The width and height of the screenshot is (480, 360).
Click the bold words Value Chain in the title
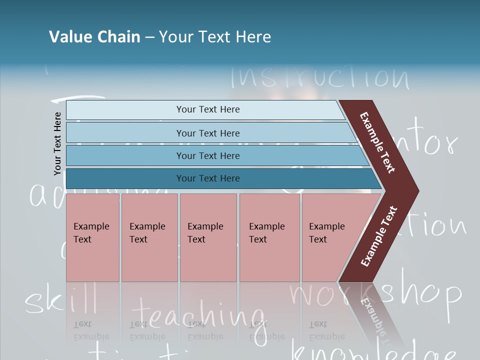[94, 37]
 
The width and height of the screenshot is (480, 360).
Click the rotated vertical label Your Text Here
[57, 144]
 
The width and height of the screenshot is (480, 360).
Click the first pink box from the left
[92, 237]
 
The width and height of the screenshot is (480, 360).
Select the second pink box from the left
[149, 237]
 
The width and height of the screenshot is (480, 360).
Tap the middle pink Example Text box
[208, 237]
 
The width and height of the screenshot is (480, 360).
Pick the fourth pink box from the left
[269, 237]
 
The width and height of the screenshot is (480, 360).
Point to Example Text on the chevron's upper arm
[377, 143]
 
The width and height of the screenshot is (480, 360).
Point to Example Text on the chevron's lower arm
[379, 236]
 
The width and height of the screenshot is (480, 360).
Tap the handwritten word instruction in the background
[320, 77]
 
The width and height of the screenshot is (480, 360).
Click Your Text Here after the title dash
[215, 37]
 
